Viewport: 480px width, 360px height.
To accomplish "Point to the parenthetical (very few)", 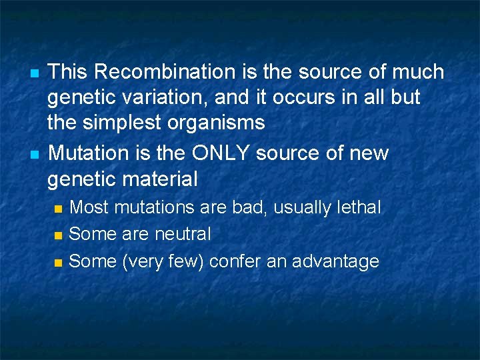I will tap(163, 261).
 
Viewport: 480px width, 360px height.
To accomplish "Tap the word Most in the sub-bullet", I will tap(89, 207).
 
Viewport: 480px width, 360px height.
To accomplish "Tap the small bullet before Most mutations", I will tap(59, 209).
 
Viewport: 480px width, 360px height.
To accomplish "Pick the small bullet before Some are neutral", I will tap(59, 235).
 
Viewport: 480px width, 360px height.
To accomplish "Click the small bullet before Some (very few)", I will tap(59, 263).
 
